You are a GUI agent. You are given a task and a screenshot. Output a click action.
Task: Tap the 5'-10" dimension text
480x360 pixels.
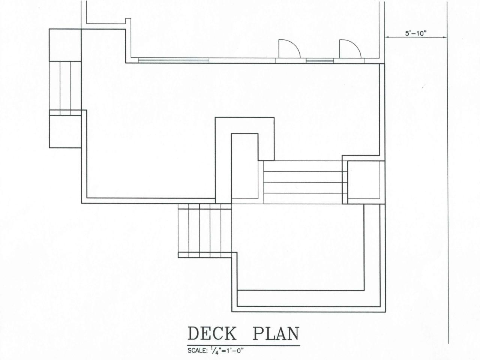416,33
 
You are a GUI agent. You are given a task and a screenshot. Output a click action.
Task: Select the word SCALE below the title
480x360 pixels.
196,351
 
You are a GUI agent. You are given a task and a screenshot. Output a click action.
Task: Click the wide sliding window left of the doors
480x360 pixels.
174,60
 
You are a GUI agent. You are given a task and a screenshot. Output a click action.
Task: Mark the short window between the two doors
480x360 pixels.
320,60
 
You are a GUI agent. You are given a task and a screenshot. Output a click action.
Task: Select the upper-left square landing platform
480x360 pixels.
65,45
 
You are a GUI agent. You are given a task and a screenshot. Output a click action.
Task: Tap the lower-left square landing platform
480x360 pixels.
65,131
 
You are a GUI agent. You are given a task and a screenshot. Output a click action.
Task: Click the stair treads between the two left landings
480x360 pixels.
65,85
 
